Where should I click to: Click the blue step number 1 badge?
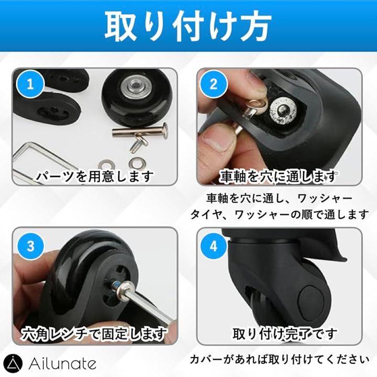point(30,84)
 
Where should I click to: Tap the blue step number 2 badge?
point(214,84)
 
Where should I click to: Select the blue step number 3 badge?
point(30,246)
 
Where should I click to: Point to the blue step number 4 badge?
point(214,246)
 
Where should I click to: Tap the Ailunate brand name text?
point(62,364)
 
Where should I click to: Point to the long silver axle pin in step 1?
point(140,131)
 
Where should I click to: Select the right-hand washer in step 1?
point(137,163)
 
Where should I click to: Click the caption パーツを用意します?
point(95,176)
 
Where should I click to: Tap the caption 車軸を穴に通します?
point(278,176)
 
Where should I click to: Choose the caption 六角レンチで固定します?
point(94,334)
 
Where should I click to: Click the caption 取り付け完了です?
point(285,334)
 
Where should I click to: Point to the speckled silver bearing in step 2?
point(284,110)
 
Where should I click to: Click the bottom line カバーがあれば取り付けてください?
point(280,360)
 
